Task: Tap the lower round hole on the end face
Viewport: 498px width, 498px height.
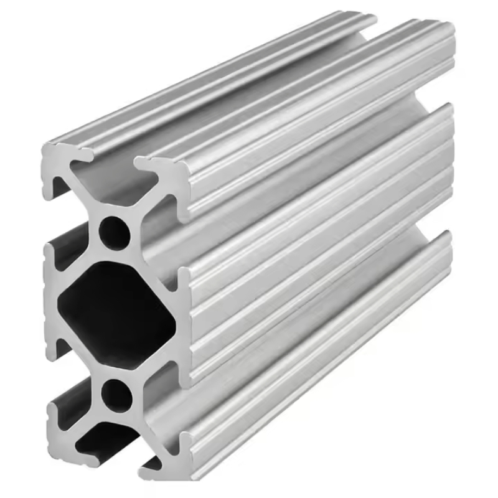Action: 116,393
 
